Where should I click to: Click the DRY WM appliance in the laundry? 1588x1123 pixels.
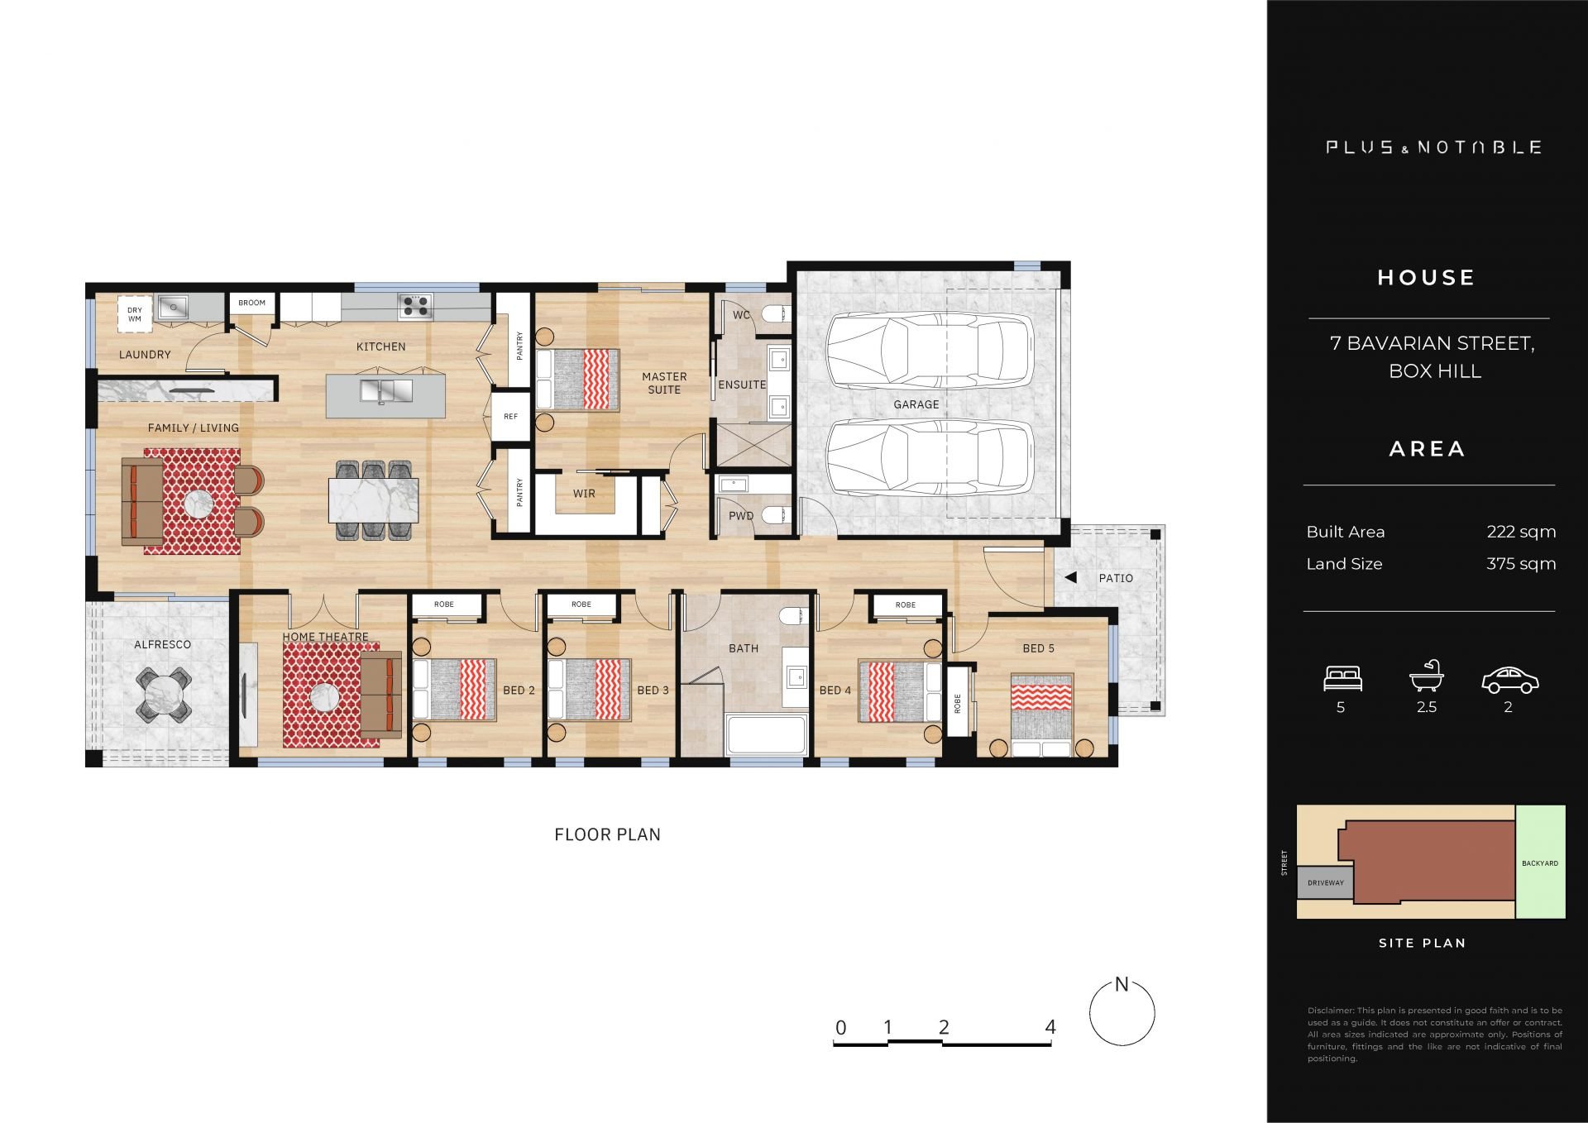point(135,314)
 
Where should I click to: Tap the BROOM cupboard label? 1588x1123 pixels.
point(252,303)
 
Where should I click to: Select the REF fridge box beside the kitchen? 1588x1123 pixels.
point(511,416)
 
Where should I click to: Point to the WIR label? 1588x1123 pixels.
point(584,494)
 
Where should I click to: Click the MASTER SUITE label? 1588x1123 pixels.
point(664,383)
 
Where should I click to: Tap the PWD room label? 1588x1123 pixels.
point(741,516)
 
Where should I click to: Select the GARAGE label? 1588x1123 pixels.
point(916,404)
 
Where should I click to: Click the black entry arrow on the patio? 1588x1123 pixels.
point(1070,578)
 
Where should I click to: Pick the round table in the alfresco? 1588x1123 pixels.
point(164,692)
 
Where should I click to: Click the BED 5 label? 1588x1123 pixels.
point(1039,648)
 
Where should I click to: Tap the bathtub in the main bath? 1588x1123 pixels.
point(766,735)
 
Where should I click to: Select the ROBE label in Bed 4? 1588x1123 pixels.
point(906,605)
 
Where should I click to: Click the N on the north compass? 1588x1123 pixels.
point(1122,984)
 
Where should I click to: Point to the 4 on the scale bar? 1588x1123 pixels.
point(1050,1027)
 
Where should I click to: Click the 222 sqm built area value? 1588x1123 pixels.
point(1521,532)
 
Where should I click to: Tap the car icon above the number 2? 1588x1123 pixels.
point(1509,680)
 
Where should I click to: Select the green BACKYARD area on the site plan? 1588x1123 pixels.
point(1541,862)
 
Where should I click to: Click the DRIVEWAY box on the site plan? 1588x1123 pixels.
point(1325,883)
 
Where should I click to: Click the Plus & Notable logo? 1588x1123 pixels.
point(1433,148)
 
